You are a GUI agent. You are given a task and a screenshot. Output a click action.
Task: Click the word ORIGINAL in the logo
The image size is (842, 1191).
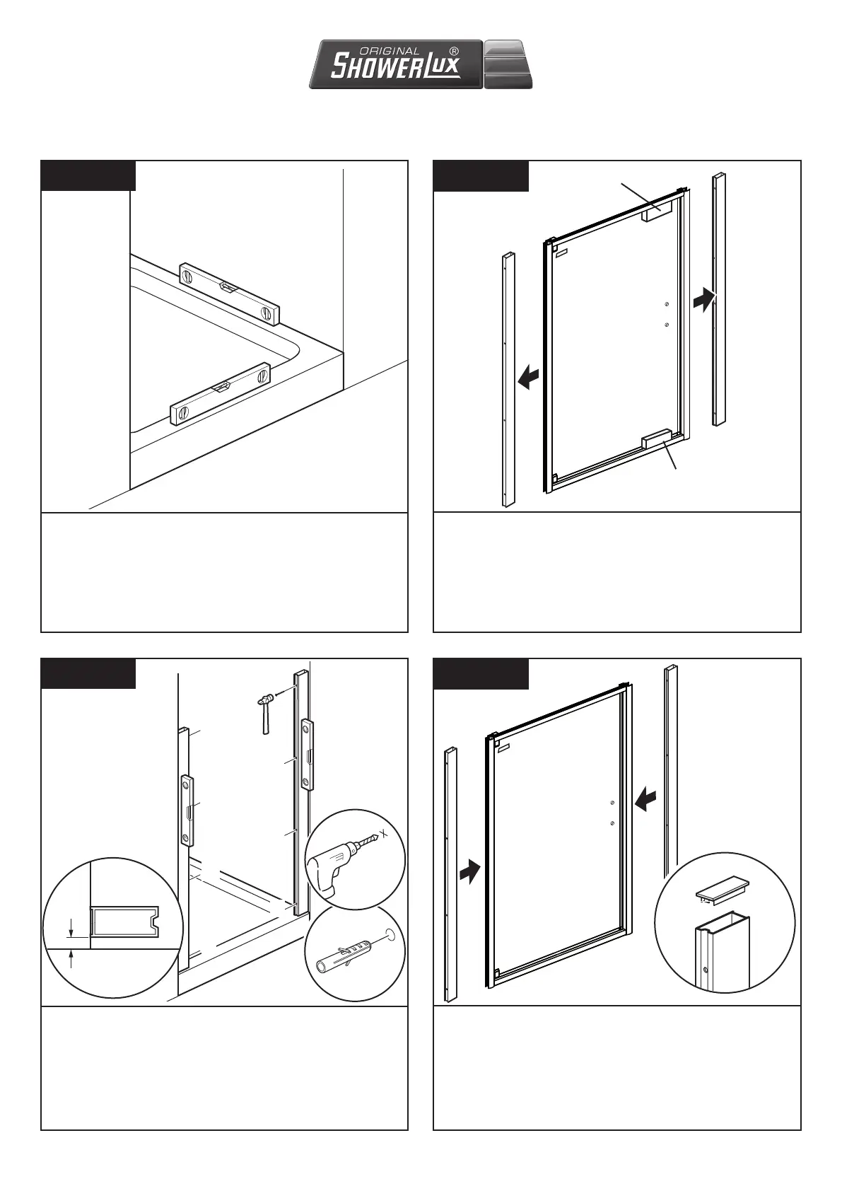390,51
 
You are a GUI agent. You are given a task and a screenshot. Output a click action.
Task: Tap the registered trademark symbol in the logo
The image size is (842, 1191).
454,51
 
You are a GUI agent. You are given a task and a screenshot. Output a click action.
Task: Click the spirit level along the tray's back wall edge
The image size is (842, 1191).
229,292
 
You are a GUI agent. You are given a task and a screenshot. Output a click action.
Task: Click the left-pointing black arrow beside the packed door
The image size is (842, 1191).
528,378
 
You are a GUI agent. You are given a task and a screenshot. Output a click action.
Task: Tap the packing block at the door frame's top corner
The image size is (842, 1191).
653,214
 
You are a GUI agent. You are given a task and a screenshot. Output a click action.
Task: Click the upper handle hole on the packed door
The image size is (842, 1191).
666,305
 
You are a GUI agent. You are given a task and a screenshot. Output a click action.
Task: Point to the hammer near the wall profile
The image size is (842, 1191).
265,711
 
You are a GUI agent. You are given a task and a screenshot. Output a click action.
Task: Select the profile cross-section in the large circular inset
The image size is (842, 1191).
124,921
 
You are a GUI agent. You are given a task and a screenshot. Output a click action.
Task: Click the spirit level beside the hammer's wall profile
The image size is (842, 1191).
308,753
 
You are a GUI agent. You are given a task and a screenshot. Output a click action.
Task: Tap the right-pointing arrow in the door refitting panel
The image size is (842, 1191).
469,871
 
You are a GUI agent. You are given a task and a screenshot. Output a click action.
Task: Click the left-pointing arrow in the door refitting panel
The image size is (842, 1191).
646,799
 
